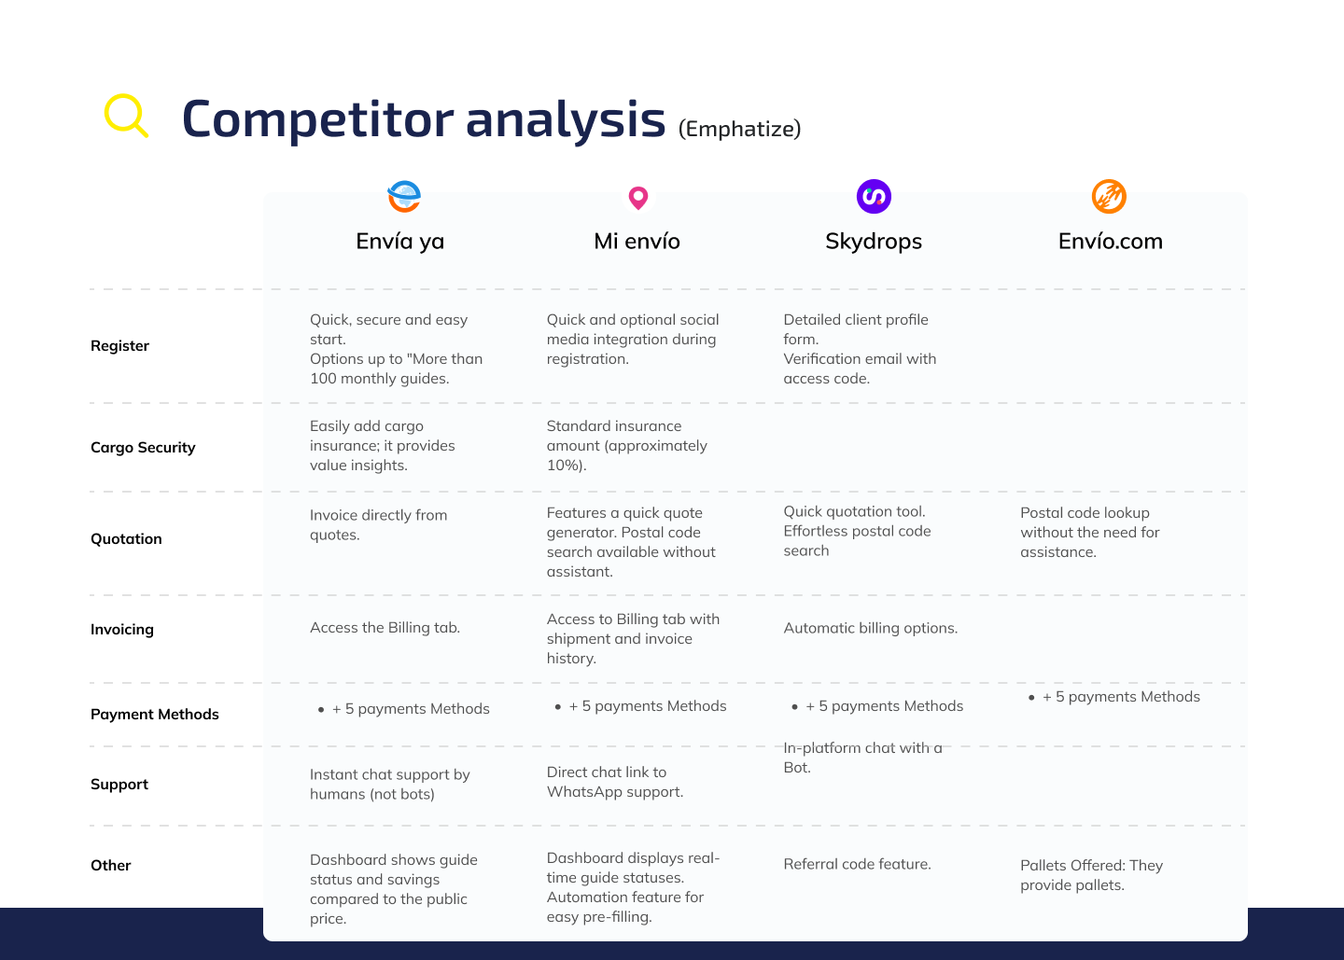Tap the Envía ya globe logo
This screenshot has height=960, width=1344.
[404, 196]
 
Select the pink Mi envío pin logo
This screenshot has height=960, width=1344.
[637, 198]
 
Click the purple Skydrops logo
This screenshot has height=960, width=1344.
[874, 196]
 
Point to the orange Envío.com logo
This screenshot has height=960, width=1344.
[1109, 196]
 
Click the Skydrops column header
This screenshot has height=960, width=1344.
[874, 241]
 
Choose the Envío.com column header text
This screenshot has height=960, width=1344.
[1110, 241]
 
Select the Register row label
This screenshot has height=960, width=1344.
[120, 346]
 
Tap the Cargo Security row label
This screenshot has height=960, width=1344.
[143, 447]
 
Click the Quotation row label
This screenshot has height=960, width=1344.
[126, 538]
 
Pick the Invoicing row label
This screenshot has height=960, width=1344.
[122, 630]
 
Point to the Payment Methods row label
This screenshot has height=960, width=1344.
[155, 714]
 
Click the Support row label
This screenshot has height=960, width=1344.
[119, 785]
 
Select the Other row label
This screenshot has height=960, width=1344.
[111, 865]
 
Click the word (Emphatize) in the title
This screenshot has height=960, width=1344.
[739, 129]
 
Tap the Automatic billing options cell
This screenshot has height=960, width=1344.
[871, 628]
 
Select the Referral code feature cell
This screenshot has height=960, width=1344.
[858, 864]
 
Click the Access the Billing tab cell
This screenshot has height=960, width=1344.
[385, 627]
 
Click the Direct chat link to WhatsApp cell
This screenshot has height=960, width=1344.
[615, 782]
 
